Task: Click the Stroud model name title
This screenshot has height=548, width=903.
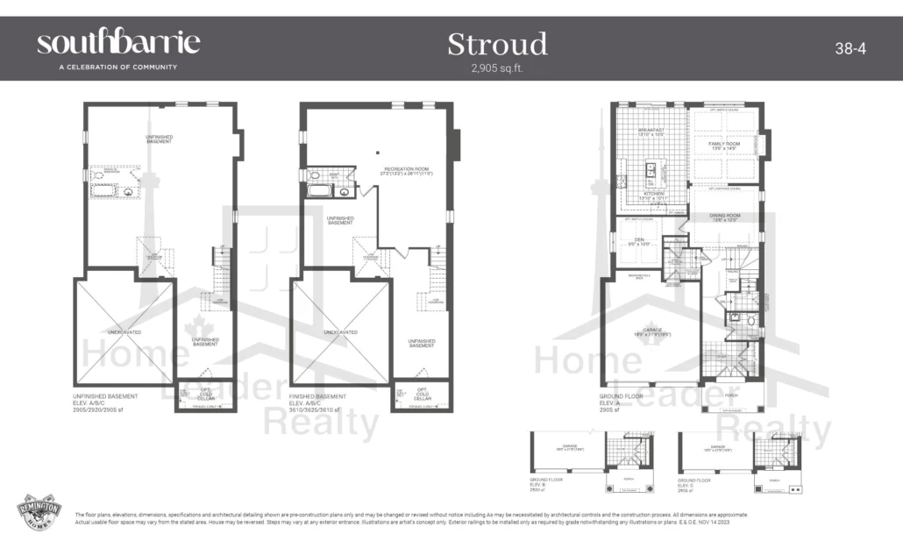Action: tap(497, 44)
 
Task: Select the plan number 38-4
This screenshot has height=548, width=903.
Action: tap(850, 49)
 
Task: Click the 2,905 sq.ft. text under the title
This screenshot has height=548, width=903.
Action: tap(497, 68)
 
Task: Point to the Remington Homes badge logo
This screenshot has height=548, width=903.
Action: tap(38, 513)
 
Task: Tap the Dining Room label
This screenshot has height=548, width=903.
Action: tap(724, 217)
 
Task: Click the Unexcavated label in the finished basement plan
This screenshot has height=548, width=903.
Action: tap(340, 332)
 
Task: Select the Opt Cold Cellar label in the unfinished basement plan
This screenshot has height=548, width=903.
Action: tap(206, 394)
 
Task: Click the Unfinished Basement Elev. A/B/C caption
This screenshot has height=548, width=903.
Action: tap(104, 402)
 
